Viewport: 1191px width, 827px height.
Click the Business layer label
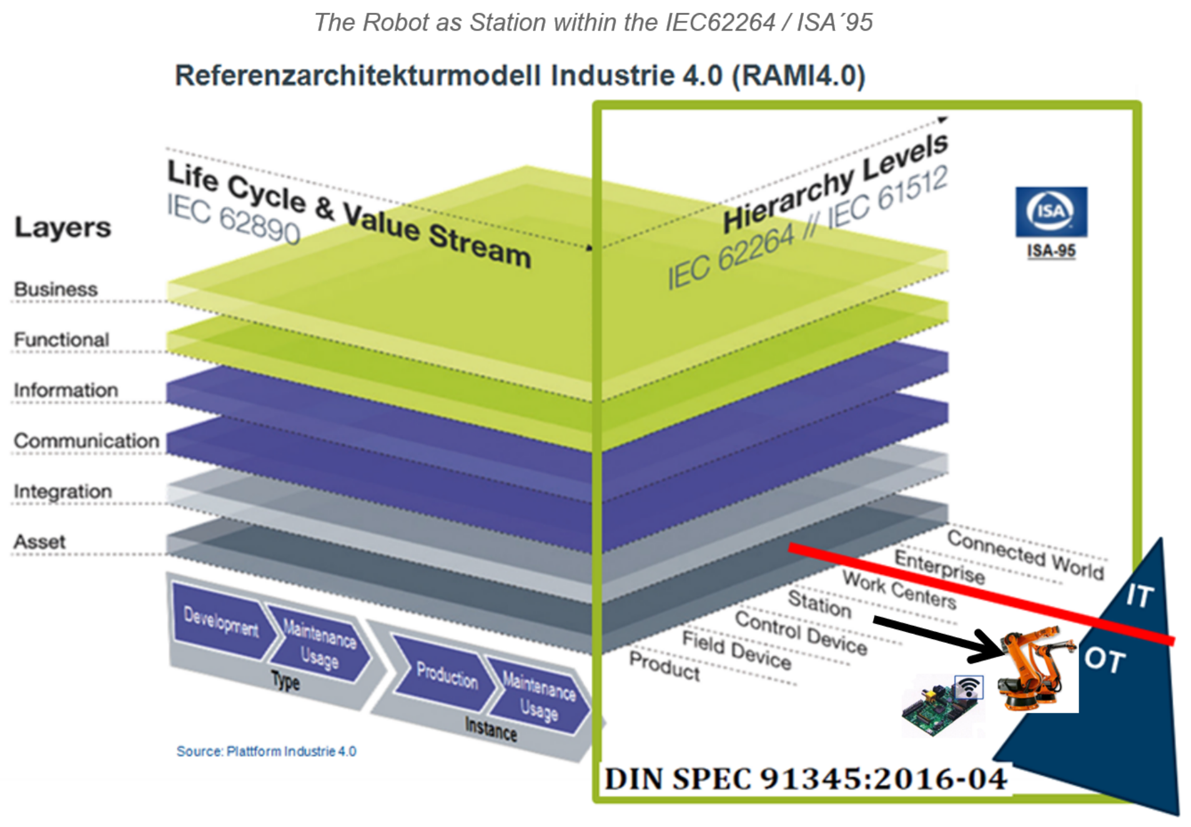point(56,289)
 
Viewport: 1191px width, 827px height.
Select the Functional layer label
point(61,340)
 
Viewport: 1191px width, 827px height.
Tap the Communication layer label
point(86,440)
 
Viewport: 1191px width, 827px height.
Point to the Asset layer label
point(39,542)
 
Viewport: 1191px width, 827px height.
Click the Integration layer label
point(62,492)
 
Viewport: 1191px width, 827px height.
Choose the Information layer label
point(66,390)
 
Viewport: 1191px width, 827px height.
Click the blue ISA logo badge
point(1050,212)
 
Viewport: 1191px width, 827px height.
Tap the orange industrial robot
point(1034,668)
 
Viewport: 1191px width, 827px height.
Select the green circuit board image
point(937,709)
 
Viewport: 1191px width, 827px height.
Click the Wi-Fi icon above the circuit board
point(969,687)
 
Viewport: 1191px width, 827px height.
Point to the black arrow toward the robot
point(937,637)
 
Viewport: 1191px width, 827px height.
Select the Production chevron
point(446,675)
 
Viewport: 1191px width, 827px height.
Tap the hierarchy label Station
point(819,603)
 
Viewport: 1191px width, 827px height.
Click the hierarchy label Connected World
point(1025,554)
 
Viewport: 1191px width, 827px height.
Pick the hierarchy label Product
point(664,666)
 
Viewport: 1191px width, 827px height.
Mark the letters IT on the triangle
point(1139,595)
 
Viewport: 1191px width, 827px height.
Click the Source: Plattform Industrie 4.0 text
point(266,751)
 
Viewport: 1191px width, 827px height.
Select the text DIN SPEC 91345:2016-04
point(806,779)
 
